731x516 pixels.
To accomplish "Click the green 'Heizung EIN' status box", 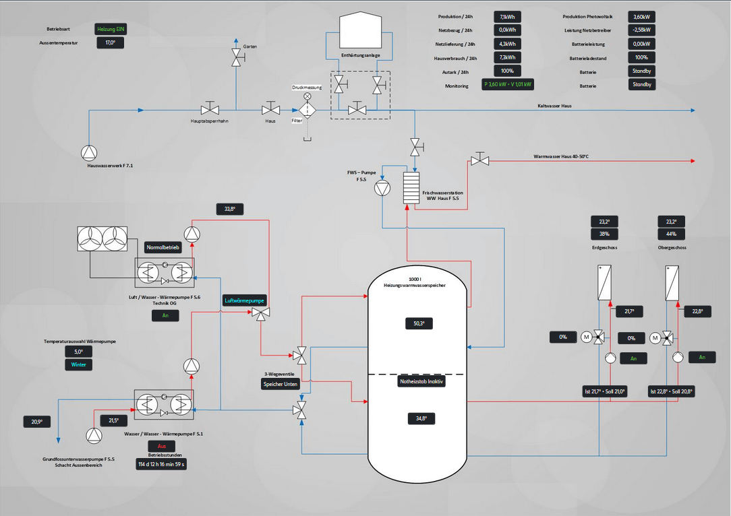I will pos(111,30).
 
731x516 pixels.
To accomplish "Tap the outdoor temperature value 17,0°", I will pos(111,42).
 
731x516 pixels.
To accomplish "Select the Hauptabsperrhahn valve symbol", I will pos(210,109).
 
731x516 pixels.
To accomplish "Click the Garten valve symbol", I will pos(236,58).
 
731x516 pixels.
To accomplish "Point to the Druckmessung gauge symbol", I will pos(308,96).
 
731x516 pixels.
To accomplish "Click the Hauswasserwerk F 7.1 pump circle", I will pos(89,152).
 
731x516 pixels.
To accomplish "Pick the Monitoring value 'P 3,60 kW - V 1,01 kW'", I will pos(508,85).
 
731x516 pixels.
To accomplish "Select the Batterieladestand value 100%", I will pos(641,58).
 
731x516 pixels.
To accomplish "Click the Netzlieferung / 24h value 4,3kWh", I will pos(508,44).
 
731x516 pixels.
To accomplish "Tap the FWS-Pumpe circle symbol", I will pos(382,187).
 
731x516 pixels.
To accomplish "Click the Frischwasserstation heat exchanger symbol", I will pos(411,188).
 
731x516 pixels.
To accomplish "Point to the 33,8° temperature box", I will pos(230,209).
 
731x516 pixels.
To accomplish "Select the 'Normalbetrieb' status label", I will pos(163,247).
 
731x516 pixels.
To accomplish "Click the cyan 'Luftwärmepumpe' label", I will pos(244,300).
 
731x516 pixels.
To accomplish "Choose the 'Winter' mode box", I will pos(78,364).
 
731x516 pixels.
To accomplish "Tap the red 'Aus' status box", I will pos(161,447).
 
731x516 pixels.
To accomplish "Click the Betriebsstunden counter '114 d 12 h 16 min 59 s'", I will pos(161,464).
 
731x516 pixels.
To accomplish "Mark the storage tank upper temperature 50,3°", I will pos(418,324).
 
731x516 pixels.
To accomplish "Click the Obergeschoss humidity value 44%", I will pos(671,234).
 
